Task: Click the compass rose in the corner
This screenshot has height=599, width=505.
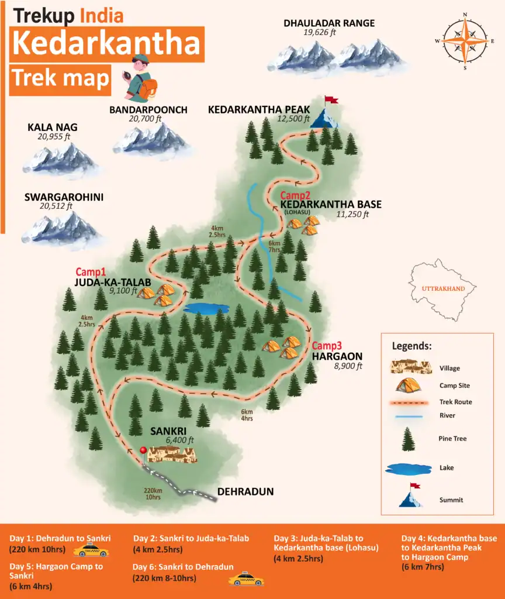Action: pos(465,41)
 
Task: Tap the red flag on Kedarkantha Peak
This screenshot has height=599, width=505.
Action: pos(331,100)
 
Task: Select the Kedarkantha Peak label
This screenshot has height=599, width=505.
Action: pos(259,110)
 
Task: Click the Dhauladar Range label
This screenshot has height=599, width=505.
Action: pos(329,23)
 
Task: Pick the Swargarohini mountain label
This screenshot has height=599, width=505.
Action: pos(64,197)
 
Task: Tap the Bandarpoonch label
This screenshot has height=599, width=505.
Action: pos(148,110)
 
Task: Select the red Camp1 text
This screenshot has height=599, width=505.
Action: pos(91,272)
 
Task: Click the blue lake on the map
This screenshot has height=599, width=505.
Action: pos(206,308)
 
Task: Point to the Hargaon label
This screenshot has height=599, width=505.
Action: pos(337,356)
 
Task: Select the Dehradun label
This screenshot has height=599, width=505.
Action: pos(245,492)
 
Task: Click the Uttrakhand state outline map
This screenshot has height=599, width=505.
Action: pos(446,288)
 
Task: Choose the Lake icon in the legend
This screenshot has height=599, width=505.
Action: pos(407,468)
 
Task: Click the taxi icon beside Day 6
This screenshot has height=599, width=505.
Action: pos(245,579)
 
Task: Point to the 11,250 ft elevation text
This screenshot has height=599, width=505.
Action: pos(352,214)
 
